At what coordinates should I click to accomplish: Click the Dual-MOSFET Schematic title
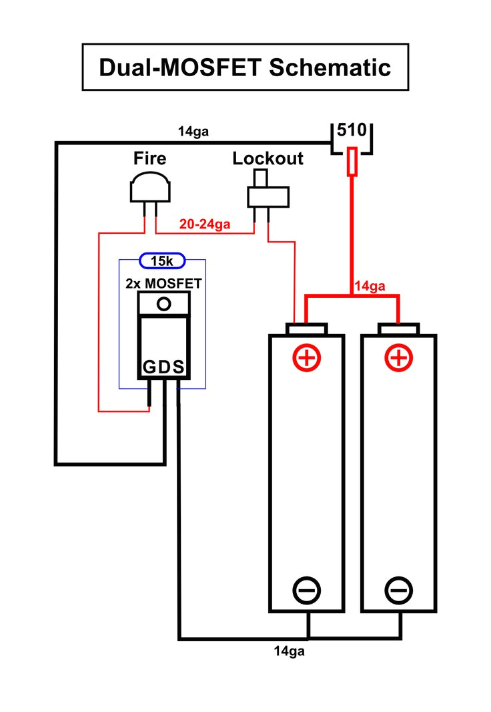245,67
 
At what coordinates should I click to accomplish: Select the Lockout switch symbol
268,194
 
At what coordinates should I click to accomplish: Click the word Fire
150,158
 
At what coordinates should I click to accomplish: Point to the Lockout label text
268,158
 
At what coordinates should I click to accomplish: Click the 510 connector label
352,130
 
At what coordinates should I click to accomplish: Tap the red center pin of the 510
352,162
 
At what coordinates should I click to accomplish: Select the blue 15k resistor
162,260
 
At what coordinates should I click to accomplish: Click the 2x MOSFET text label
163,283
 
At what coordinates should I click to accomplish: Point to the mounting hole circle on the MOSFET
163,305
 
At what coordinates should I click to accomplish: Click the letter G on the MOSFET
148,367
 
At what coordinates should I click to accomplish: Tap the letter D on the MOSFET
163,367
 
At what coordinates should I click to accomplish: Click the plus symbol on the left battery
307,358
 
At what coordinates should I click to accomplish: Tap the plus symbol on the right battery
399,358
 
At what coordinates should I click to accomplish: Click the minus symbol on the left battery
307,590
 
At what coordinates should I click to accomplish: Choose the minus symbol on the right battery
399,590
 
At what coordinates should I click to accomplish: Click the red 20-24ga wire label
205,224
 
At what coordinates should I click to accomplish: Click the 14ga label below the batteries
289,651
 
